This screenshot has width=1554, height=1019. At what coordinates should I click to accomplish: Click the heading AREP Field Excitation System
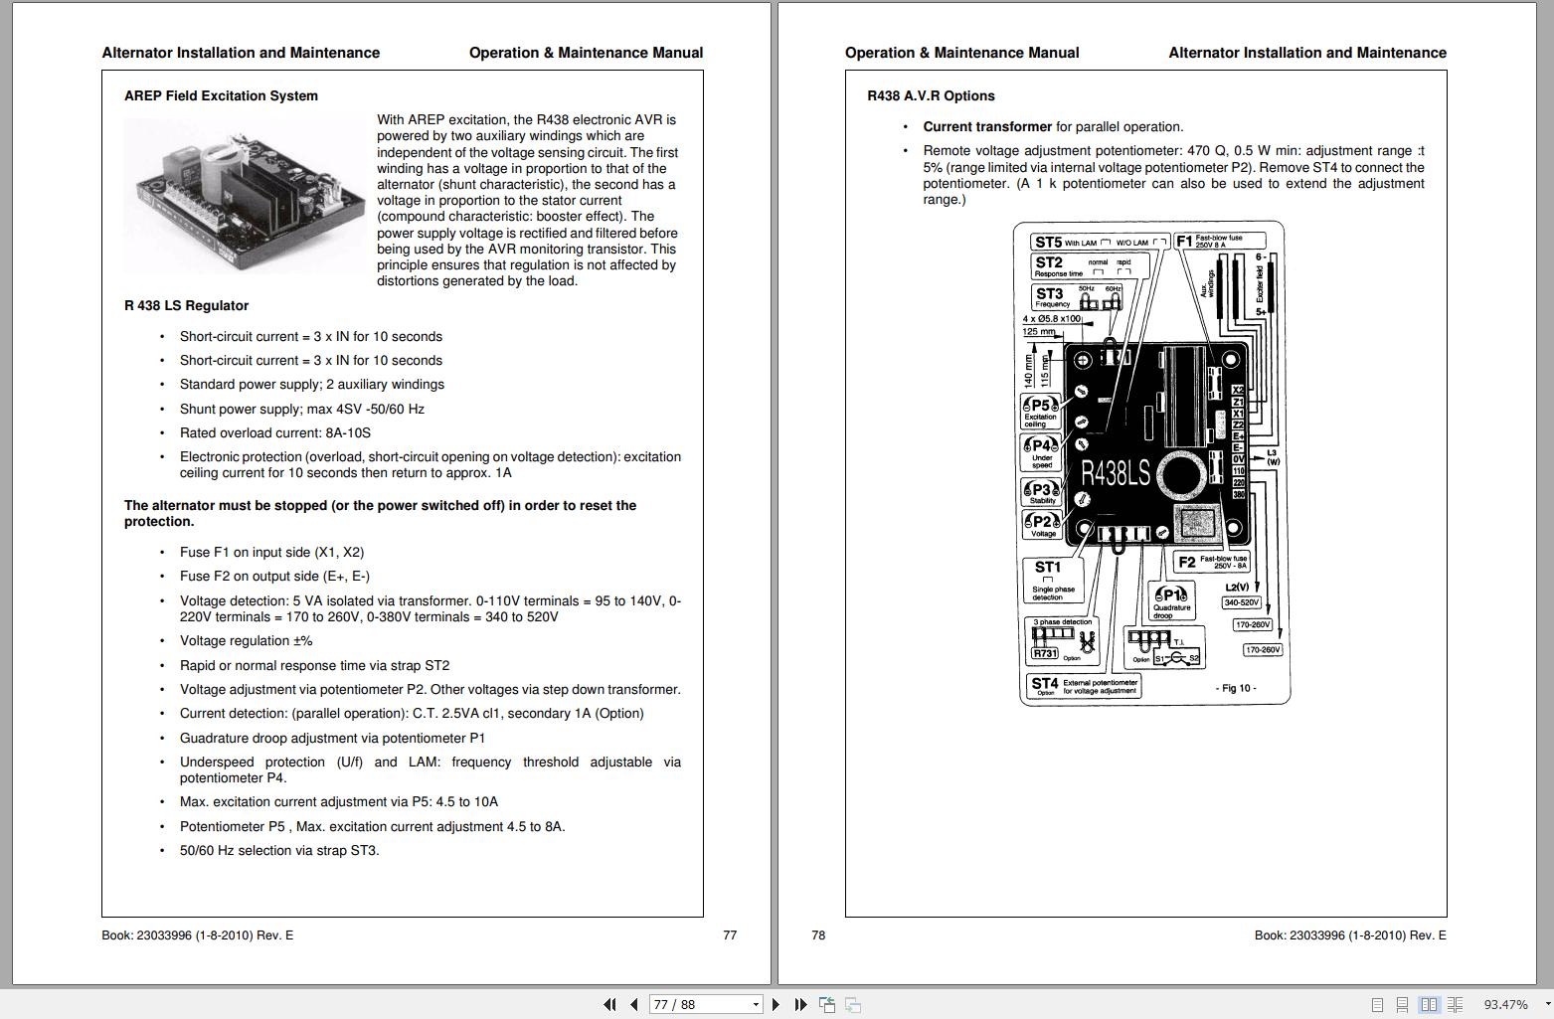(221, 96)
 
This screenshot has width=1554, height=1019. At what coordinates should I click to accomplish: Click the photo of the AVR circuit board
(245, 196)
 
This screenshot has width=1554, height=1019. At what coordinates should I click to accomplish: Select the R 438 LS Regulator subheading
(186, 306)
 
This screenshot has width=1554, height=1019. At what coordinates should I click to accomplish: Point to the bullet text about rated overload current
(274, 433)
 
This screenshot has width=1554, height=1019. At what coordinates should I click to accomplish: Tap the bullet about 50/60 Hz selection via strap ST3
(278, 851)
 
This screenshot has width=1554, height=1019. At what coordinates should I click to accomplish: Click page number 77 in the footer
(730, 935)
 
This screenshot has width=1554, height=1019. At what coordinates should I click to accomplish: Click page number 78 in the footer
(818, 935)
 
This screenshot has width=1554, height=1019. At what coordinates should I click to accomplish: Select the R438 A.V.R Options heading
(931, 96)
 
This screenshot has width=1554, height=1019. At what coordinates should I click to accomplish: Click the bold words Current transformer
(986, 127)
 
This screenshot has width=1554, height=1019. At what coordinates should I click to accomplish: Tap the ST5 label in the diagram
(1048, 243)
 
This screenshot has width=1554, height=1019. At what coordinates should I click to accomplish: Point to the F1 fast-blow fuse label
(1219, 242)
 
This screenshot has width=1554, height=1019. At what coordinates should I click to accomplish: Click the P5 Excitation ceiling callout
(1040, 412)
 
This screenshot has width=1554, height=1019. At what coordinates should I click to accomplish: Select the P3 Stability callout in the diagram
(1041, 492)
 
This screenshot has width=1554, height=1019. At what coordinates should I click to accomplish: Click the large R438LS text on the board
(1115, 474)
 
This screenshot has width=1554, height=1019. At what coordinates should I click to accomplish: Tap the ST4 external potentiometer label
(1084, 686)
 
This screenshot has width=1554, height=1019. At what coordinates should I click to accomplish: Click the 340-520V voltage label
(1241, 602)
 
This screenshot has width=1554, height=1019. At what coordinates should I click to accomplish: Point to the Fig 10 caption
(1236, 688)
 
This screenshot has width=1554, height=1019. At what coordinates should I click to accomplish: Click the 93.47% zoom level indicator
(1505, 1005)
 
